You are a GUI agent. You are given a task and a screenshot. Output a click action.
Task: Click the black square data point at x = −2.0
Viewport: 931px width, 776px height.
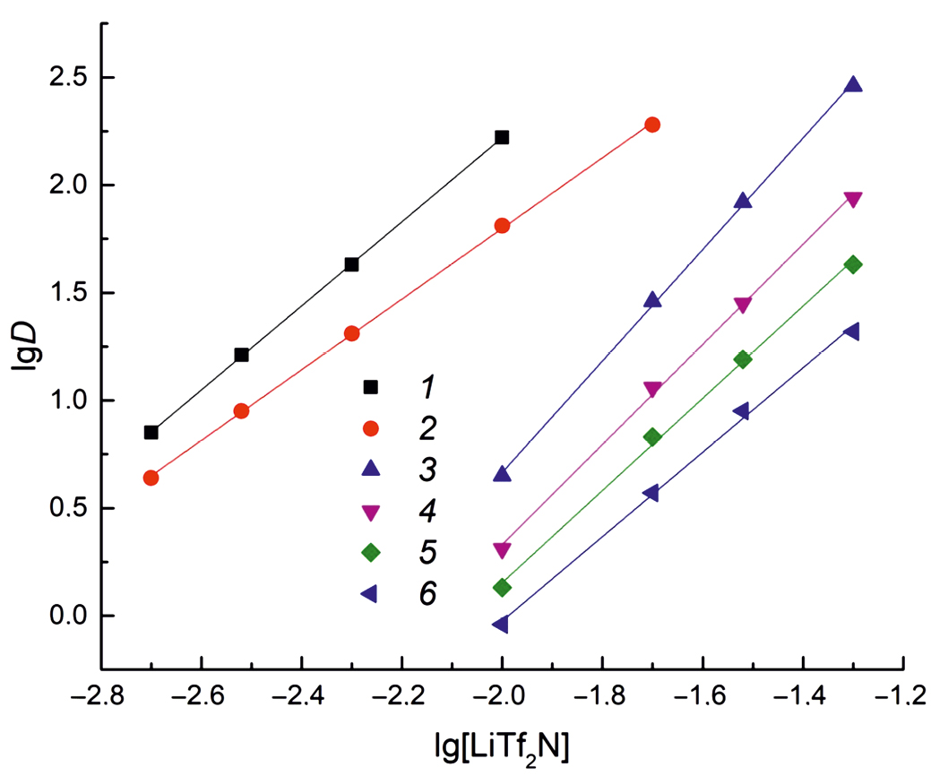pos(502,137)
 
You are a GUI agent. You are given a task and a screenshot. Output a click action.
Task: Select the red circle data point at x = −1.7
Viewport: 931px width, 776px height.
pos(652,125)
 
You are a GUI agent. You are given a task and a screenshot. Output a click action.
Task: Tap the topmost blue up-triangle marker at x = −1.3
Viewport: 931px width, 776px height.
pos(853,85)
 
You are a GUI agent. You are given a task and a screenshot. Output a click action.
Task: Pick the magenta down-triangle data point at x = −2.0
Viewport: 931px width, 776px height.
pos(502,549)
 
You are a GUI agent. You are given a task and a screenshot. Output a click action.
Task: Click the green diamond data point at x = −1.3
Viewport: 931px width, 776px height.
pos(853,264)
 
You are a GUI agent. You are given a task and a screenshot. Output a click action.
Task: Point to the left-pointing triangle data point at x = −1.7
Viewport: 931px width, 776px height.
pos(651,493)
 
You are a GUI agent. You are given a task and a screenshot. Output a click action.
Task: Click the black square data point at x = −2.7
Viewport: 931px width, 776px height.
pos(151,433)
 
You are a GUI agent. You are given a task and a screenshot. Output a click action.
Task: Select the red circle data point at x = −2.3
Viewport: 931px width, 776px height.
pos(351,333)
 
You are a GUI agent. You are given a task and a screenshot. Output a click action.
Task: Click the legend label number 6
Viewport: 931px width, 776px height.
pos(427,593)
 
